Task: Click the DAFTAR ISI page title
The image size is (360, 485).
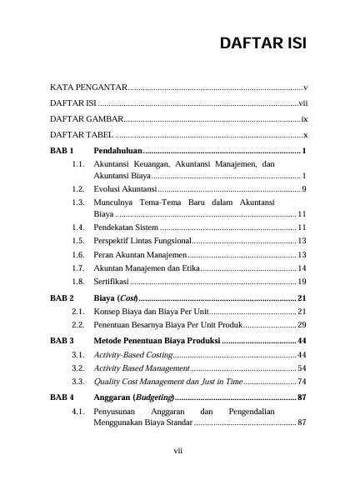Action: (x=263, y=43)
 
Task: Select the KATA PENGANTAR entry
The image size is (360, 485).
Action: (x=87, y=87)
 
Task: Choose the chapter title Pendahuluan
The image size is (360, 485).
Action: (x=118, y=151)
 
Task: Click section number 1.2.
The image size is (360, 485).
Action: (x=79, y=190)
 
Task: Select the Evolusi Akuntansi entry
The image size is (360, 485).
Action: (x=132, y=190)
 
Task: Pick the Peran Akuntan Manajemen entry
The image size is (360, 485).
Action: (x=140, y=254)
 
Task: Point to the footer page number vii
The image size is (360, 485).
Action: (x=178, y=451)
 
